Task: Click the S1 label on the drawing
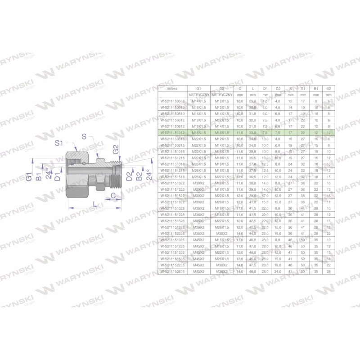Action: coord(58,144)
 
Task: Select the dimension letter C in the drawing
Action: coord(113,195)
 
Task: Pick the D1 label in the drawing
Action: coord(57,175)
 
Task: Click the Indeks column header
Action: coord(166,89)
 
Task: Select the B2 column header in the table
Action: coord(328,89)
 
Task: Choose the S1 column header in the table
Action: coord(303,89)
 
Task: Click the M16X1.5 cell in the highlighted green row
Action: coord(222,133)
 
